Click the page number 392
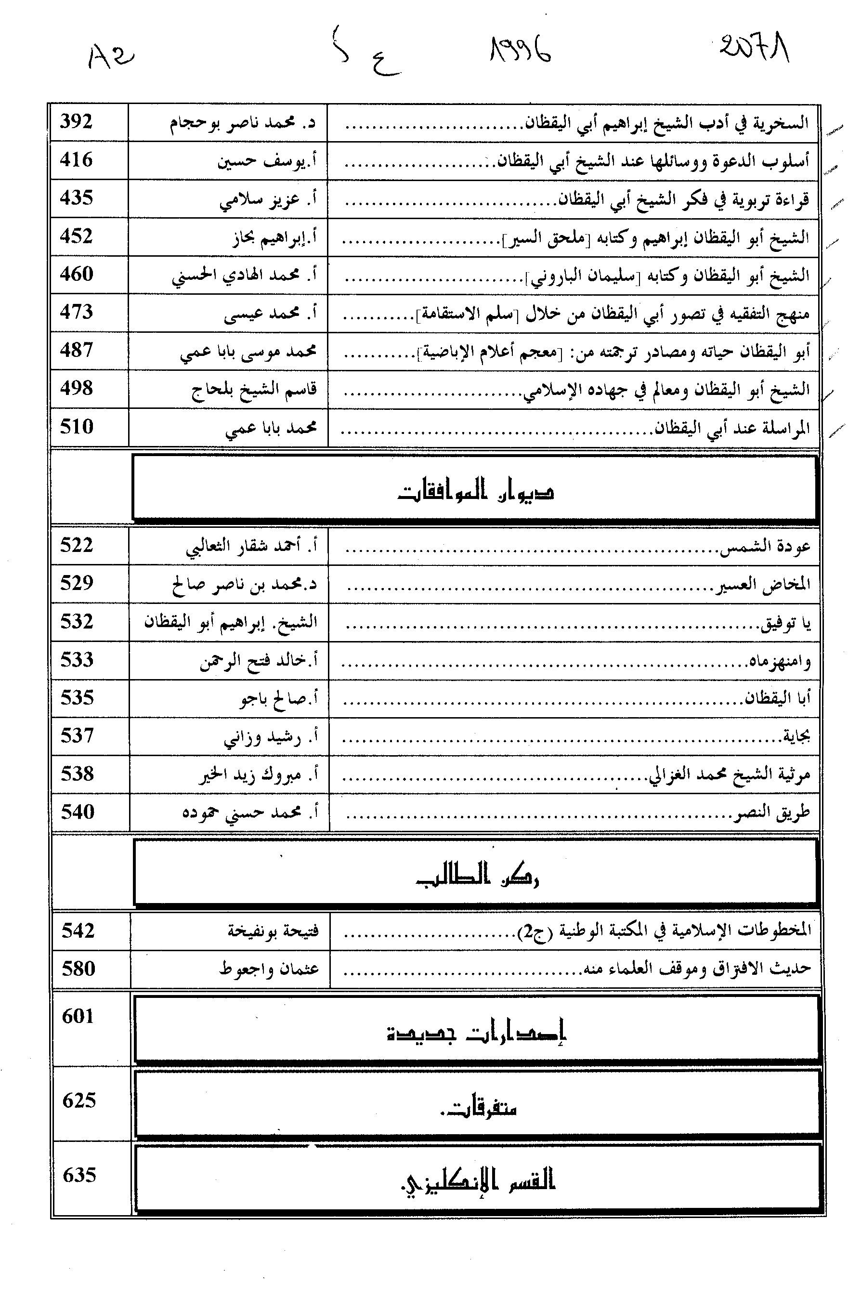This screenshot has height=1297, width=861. click(77, 121)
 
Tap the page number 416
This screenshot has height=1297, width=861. click(77, 160)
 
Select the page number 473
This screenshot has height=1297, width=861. click(77, 312)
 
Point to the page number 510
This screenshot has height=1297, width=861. click(77, 427)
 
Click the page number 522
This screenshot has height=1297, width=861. click(77, 545)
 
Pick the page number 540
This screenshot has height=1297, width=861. click(78, 812)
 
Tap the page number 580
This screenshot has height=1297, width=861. click(78, 968)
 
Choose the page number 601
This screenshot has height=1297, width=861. click(78, 1016)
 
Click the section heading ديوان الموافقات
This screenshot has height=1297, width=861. click(476, 490)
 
